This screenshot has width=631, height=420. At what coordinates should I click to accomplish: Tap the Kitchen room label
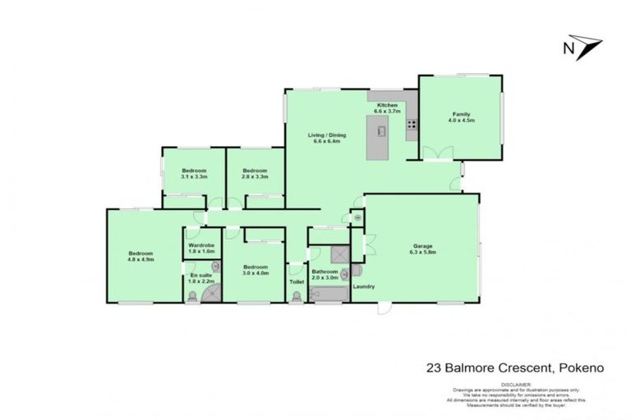387,106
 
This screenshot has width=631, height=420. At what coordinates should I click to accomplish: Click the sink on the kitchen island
380,130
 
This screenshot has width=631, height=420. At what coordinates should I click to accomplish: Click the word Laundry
363,286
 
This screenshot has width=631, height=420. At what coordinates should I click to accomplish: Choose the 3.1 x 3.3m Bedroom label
194,171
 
